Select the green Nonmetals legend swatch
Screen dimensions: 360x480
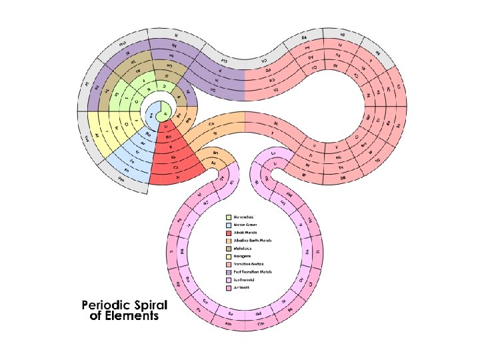229,217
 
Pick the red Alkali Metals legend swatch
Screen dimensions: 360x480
229,233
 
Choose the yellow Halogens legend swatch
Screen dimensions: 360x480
229,257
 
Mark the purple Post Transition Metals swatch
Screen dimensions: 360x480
229,273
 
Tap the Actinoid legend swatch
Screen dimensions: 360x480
229,289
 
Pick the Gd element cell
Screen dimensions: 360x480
255,312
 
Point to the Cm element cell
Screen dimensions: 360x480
261,324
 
